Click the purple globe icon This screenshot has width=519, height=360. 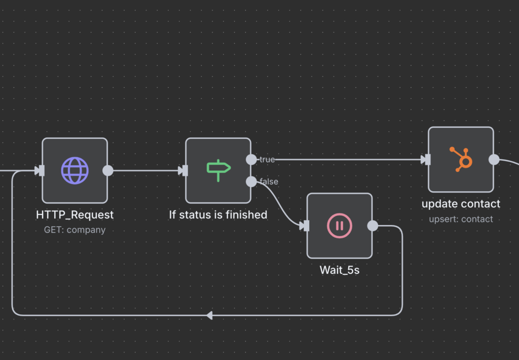(75, 170)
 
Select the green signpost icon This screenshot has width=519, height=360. (218, 170)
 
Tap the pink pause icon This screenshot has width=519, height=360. (340, 226)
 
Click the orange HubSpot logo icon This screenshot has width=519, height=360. (461, 159)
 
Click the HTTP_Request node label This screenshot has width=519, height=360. (75, 215)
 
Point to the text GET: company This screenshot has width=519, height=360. (75, 230)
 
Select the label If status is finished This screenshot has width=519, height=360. (218, 215)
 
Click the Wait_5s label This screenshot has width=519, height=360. (340, 270)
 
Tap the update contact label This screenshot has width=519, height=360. (461, 204)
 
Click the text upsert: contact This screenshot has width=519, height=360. (461, 219)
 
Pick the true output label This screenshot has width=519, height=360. (267, 160)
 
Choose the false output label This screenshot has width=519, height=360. (269, 182)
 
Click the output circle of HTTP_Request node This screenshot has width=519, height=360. (108, 170)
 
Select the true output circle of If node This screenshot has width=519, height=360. (251, 160)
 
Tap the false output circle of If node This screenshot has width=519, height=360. (251, 182)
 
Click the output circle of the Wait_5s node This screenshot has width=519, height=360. (373, 226)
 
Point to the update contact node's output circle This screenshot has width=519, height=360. (494, 160)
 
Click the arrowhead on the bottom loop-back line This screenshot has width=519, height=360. (209, 315)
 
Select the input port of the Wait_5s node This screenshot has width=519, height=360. (305, 226)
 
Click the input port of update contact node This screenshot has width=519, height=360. (427, 160)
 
